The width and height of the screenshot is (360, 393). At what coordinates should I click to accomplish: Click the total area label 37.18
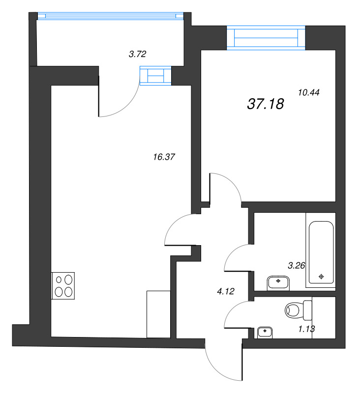pos(266,104)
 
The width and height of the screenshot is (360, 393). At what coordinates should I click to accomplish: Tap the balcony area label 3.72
pos(137,54)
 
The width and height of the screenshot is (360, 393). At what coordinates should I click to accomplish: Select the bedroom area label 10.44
pos(308,92)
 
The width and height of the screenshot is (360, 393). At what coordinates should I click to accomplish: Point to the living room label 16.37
pos(164,157)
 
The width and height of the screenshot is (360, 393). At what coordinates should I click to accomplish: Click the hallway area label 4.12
pos(226,291)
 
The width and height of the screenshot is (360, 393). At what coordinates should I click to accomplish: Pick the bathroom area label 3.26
pos(296,265)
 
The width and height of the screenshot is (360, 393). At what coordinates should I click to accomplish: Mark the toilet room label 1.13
pos(306,329)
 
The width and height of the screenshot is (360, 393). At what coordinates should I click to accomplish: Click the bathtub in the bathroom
pos(321,252)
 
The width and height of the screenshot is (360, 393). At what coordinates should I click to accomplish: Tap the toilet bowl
pos(298,310)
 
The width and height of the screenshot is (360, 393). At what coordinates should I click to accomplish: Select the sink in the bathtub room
pos(278,283)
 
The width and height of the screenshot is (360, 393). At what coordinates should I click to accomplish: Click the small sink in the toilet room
pos(265,333)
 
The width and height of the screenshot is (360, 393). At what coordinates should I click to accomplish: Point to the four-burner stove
pos(63,286)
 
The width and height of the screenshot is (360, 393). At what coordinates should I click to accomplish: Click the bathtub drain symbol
pos(321,277)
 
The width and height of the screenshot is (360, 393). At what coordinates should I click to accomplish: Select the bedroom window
pos(266,38)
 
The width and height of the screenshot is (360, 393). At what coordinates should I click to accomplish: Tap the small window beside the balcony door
pos(155,76)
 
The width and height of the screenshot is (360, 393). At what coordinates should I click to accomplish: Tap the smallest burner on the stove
pos(59,280)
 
